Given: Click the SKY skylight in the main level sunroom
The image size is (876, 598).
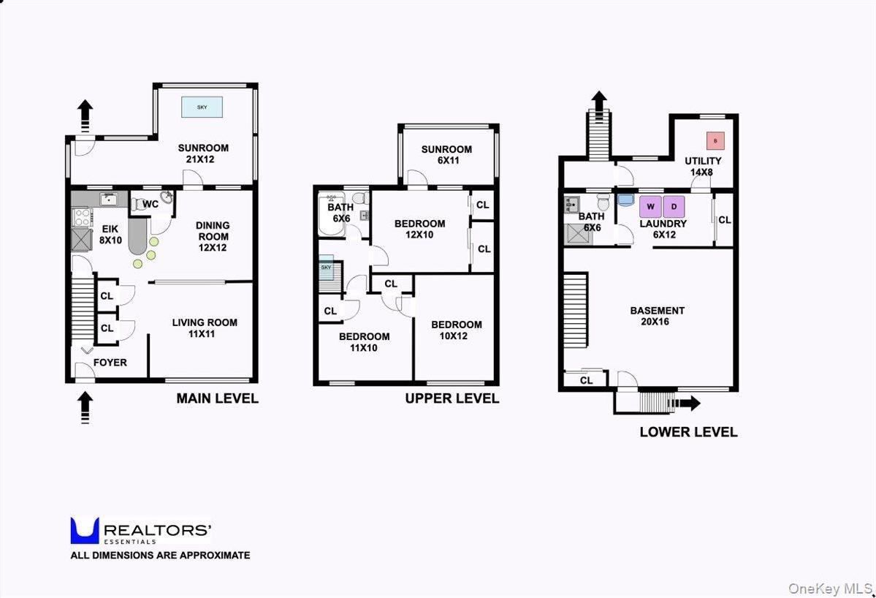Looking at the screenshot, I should coord(202,107).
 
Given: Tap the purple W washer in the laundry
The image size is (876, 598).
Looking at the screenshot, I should coord(650,206).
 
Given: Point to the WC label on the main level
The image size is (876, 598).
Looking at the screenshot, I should coord(151,204).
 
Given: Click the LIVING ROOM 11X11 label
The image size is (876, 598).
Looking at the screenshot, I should coord(205,328).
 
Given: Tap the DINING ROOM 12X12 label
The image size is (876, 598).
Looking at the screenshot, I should coord(213,236).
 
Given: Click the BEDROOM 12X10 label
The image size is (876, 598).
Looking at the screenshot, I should coord(419,230).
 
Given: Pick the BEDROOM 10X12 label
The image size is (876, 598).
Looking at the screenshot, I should coord(456,330).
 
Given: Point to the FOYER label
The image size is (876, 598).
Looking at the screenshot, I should coord(110,363).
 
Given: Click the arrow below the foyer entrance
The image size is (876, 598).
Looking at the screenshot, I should coord(85,406).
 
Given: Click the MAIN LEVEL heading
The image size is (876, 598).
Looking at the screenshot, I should coord(217,399).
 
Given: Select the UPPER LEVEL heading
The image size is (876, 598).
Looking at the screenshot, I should coord(452,399).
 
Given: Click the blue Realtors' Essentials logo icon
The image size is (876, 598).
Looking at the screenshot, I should coord(84,531).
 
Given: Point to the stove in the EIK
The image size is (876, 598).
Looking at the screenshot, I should coord(80,217).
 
